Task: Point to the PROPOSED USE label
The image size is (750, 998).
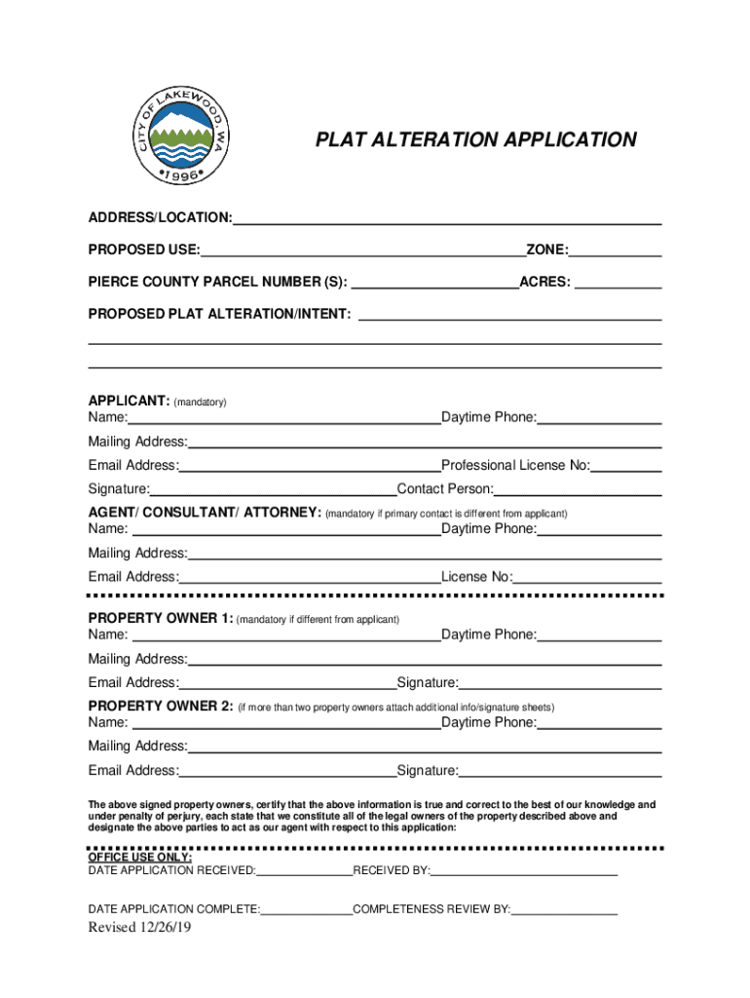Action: point(143,250)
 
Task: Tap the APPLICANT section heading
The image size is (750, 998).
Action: point(129,401)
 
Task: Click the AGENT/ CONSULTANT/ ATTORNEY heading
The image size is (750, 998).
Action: point(205,512)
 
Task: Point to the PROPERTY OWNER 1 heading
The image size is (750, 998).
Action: point(161,618)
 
